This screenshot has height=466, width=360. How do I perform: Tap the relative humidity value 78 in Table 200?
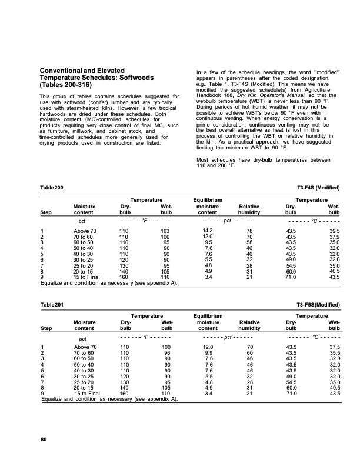(250, 231)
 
